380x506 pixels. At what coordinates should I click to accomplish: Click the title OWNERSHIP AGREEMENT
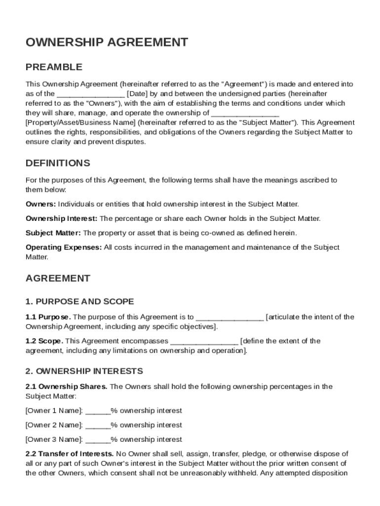tap(107, 42)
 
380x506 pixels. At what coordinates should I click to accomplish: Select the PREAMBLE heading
tap(54, 67)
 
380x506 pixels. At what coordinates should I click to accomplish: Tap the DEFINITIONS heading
tap(58, 163)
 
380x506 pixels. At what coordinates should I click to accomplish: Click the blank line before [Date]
tap(91, 94)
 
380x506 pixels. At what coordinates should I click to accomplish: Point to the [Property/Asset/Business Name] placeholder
tap(80, 123)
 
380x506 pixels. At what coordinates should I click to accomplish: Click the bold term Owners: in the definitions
tap(41, 204)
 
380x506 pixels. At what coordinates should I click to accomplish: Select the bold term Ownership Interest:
tap(62, 218)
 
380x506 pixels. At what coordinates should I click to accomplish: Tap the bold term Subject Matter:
tap(54, 233)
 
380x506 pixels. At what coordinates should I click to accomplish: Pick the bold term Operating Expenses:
tap(64, 248)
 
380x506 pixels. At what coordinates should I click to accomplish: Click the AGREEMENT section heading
tap(58, 278)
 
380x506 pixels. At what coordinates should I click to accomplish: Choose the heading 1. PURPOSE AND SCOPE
tap(79, 301)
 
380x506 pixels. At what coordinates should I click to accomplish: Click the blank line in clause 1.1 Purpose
tap(230, 317)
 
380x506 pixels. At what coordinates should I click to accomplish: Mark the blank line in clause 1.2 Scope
tap(204, 341)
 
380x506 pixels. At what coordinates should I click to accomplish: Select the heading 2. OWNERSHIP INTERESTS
tap(84, 371)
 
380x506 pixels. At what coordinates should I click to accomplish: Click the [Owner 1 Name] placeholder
tap(54, 411)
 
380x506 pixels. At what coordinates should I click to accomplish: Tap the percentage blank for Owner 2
tap(98, 425)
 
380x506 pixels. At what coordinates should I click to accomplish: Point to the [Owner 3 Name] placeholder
tap(54, 439)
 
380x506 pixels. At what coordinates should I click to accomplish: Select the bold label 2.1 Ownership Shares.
tap(66, 386)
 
